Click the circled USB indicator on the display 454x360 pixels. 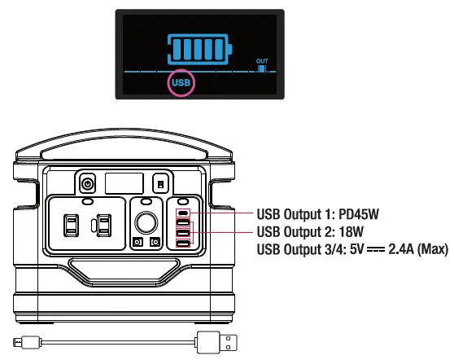tap(181, 83)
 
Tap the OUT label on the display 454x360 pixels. tap(262, 61)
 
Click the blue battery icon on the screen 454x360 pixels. tap(200, 49)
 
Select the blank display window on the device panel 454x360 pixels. tap(124, 183)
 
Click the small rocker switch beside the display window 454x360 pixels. tap(161, 184)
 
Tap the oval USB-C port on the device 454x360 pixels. tap(183, 213)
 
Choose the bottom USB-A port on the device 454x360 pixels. tap(183, 244)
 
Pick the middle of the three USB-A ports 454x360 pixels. tap(183, 233)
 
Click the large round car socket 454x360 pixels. tap(146, 222)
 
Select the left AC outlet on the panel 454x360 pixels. tap(72, 226)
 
